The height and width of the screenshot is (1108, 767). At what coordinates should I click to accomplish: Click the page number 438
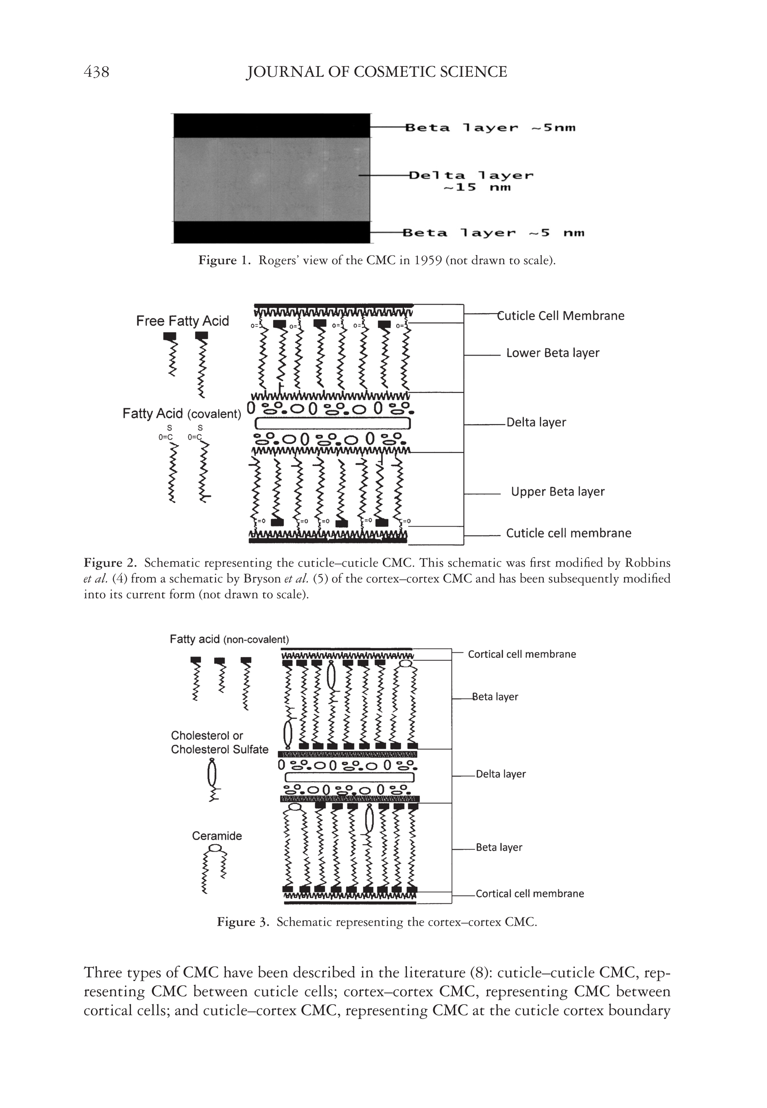tap(96, 72)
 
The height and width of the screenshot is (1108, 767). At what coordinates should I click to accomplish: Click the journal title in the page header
tap(376, 72)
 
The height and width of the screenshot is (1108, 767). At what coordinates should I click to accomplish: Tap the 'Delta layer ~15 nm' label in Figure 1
tap(471, 181)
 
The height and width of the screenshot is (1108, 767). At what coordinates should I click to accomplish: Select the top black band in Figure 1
tap(271, 125)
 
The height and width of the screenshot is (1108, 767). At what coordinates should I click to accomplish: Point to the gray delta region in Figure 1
tap(271, 179)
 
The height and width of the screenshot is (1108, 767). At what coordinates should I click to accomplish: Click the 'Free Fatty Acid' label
tap(182, 321)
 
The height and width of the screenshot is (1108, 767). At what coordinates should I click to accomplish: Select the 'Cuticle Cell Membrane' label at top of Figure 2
tap(560, 316)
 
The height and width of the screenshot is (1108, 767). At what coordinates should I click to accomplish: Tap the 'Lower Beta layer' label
tap(553, 353)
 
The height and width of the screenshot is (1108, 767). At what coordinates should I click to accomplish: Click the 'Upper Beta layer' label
tap(557, 491)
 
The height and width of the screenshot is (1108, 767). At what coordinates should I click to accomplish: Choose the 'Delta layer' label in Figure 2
tap(536, 422)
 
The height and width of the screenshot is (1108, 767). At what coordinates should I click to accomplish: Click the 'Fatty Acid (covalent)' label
tap(182, 414)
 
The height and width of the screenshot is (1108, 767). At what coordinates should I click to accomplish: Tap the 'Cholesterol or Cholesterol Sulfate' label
tap(220, 742)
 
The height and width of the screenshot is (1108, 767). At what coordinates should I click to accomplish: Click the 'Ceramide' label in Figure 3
tap(217, 836)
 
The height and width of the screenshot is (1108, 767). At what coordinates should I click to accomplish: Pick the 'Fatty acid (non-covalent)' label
tap(229, 639)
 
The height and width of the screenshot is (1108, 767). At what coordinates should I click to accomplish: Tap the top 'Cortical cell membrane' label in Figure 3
tap(521, 654)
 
